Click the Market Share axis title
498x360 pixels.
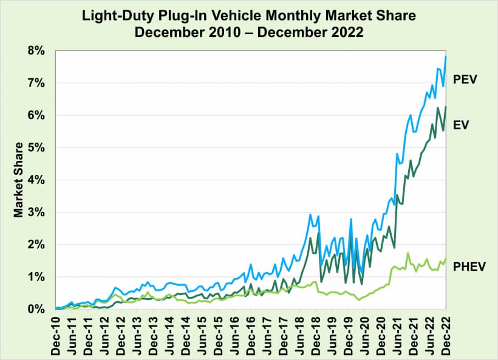pos(19,180)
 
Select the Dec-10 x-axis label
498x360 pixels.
pos(56,333)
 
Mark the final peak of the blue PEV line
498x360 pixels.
pos(446,56)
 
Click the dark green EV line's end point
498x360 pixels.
pos(446,107)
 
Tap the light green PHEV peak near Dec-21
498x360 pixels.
pos(408,253)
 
